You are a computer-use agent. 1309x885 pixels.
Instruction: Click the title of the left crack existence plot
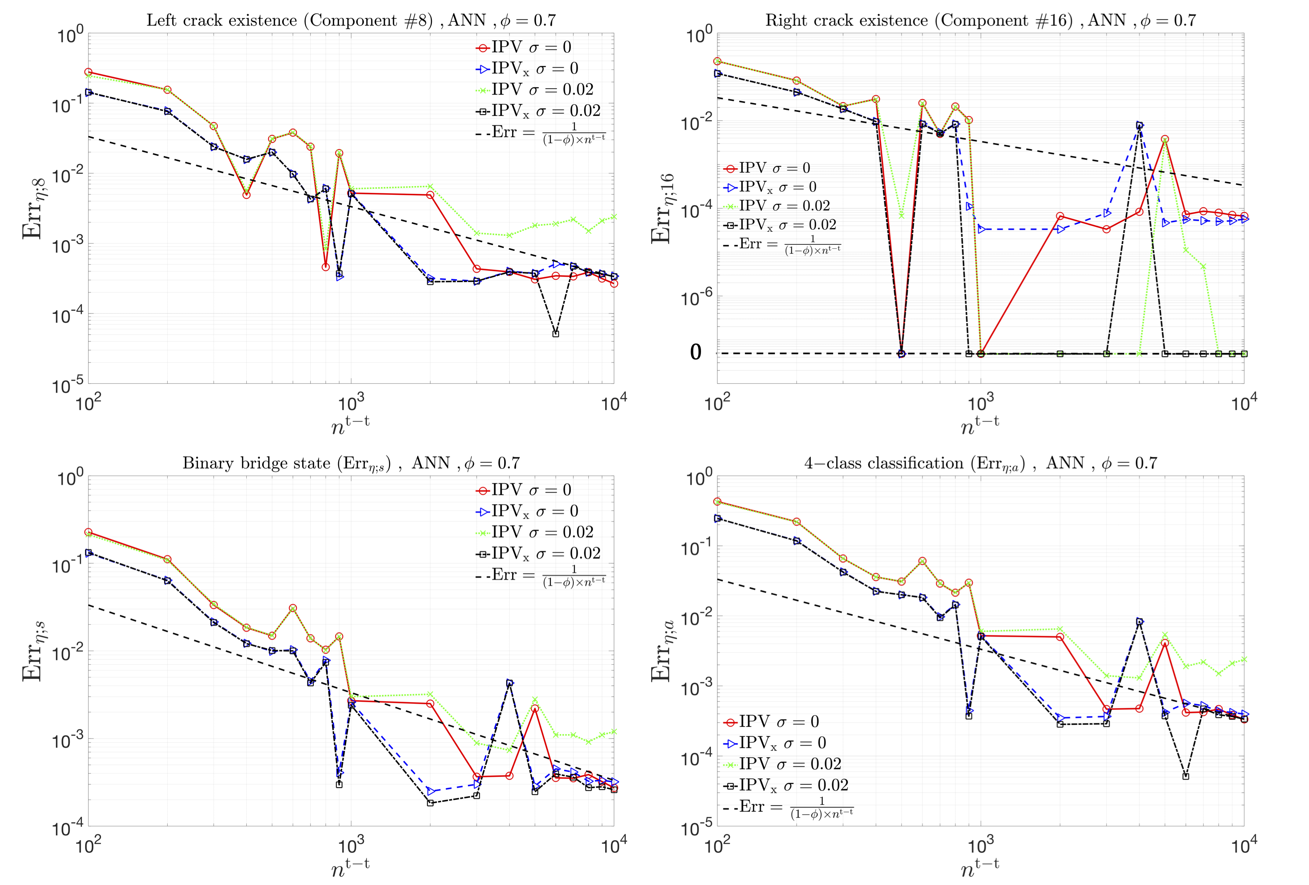(351, 21)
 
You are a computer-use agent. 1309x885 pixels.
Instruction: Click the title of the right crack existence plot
(980, 21)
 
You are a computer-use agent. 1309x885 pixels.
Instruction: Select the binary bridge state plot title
(351, 464)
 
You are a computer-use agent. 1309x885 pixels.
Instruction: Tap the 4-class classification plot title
(980, 464)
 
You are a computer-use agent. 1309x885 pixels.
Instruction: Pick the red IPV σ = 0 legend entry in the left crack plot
(524, 47)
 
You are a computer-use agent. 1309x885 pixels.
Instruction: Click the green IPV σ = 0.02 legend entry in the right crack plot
(777, 206)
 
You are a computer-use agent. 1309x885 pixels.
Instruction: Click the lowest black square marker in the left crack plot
(556, 334)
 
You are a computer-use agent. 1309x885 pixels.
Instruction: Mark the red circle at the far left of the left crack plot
(89, 72)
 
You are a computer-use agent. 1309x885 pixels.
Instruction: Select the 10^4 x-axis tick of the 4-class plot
(1244, 845)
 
